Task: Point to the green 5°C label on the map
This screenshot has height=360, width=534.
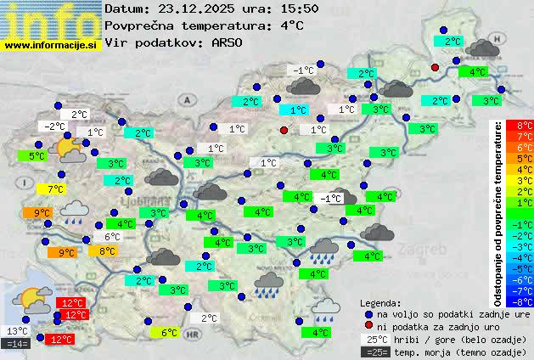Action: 37,156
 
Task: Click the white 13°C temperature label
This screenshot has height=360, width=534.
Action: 17,331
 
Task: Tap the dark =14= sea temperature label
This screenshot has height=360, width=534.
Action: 17,344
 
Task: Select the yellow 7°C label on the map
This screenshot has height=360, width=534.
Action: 57,188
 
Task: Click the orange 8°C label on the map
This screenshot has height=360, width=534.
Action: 108,251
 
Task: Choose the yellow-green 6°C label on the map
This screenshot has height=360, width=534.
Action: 169,333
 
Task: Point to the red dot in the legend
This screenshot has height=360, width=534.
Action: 368,326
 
